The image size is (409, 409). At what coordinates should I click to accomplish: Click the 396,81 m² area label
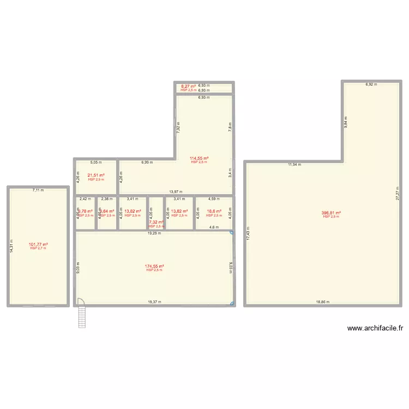331,213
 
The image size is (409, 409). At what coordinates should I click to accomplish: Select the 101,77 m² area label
38,244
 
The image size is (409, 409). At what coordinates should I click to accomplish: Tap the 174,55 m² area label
154,266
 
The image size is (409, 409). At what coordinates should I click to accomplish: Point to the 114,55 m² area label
199,158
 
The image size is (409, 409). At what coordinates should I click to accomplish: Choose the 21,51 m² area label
96,175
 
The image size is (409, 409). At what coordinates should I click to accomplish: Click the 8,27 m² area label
188,86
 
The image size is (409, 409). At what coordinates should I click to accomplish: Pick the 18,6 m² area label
214,211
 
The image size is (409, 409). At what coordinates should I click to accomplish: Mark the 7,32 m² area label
156,222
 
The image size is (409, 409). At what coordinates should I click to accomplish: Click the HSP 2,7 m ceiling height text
38,249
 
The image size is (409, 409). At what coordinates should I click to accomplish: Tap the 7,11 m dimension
38,190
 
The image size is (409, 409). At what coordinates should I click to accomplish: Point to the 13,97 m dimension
176,192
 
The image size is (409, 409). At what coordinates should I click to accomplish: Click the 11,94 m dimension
295,164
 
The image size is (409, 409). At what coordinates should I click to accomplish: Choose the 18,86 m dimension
322,302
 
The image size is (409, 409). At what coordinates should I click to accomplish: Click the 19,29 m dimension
154,233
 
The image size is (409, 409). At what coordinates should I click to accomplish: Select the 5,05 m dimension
96,162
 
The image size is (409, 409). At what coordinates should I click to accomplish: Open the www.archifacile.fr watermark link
375,328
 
